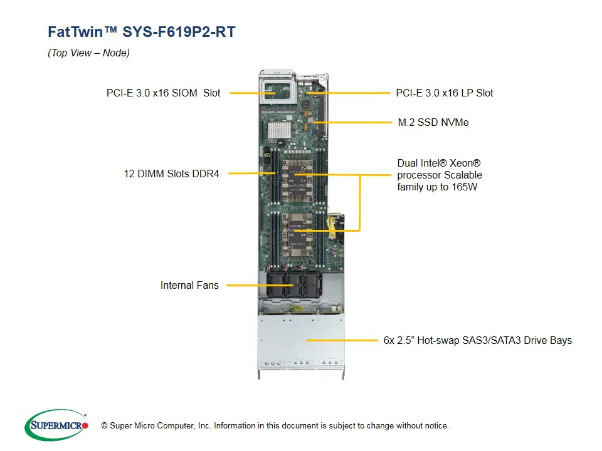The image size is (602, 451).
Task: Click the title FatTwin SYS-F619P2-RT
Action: pos(141,32)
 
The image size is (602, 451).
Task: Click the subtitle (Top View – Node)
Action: pos(88,53)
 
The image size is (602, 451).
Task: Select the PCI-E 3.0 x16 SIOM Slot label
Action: pos(163,93)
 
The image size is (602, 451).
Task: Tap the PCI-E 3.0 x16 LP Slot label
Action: pos(444,93)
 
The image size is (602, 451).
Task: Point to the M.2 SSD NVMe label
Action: pos(433,122)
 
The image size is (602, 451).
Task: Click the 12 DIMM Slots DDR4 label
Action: pos(171,174)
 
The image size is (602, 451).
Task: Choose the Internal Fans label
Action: pos(189,285)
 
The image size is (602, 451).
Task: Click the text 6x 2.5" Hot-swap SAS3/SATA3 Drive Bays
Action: pos(477,341)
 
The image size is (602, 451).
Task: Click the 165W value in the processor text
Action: pos(465,187)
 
